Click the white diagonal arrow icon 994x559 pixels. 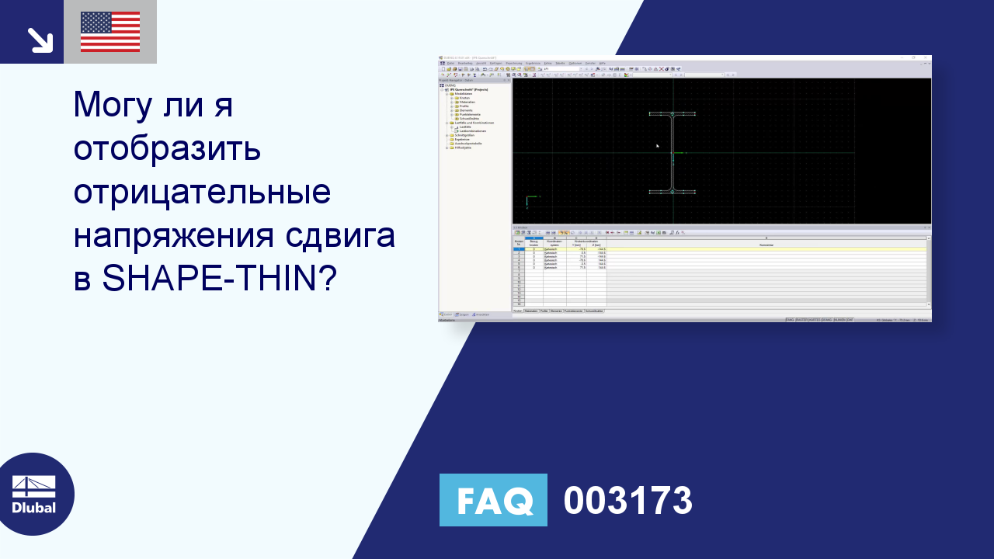coord(39,40)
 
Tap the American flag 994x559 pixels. coord(110,32)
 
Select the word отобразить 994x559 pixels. coord(167,148)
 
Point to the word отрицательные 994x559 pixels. coord(202,191)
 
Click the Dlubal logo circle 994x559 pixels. coord(34,494)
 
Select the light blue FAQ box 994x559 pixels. coord(493,500)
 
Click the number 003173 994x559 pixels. coord(627,501)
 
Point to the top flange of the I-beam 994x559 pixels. coord(673,114)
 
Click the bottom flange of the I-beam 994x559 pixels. coord(673,191)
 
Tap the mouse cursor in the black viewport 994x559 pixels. coord(657,145)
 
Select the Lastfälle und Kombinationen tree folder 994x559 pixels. coord(474,123)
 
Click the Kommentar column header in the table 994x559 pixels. coord(766,245)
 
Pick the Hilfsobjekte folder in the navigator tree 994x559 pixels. coord(464,148)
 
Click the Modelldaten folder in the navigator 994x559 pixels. coord(464,94)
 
